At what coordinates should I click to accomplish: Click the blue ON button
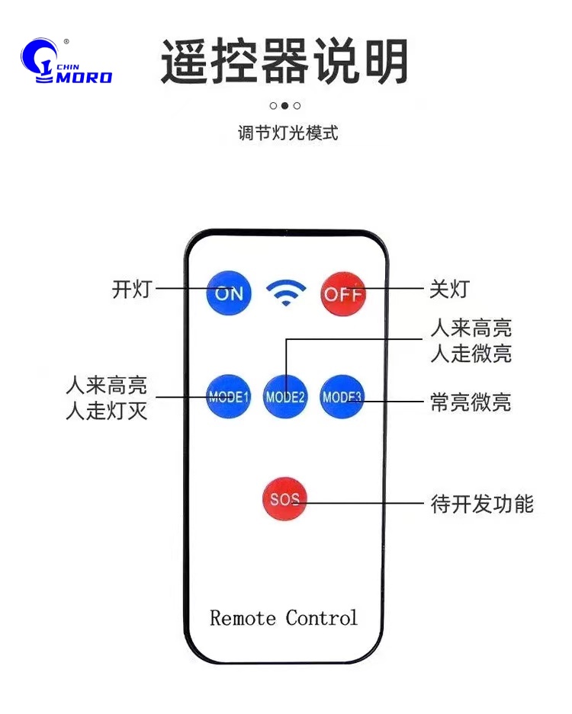(230, 293)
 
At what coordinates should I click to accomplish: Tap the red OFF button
(342, 293)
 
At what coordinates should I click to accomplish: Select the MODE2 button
(285, 396)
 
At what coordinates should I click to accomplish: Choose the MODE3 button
(342, 396)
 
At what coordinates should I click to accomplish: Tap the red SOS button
(284, 500)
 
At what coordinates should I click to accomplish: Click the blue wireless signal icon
(286, 293)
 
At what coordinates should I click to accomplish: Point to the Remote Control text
(284, 617)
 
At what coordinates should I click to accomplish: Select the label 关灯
(449, 290)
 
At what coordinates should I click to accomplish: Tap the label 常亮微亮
(471, 402)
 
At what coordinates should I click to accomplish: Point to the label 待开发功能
(482, 504)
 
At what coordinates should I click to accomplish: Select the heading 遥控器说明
(285, 62)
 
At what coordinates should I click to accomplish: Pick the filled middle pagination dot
(285, 106)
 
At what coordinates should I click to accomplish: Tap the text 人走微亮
(471, 354)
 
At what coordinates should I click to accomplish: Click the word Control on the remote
(322, 617)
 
